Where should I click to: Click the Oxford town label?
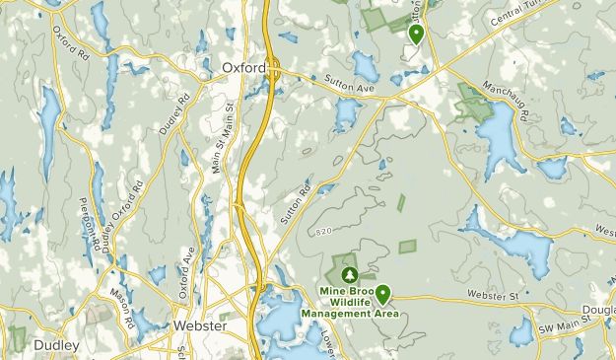(x=243, y=68)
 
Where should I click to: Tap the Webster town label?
(x=200, y=325)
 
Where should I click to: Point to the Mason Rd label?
(x=122, y=307)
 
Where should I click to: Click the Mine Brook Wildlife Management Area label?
(x=350, y=303)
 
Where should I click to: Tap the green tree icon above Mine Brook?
(x=348, y=272)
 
